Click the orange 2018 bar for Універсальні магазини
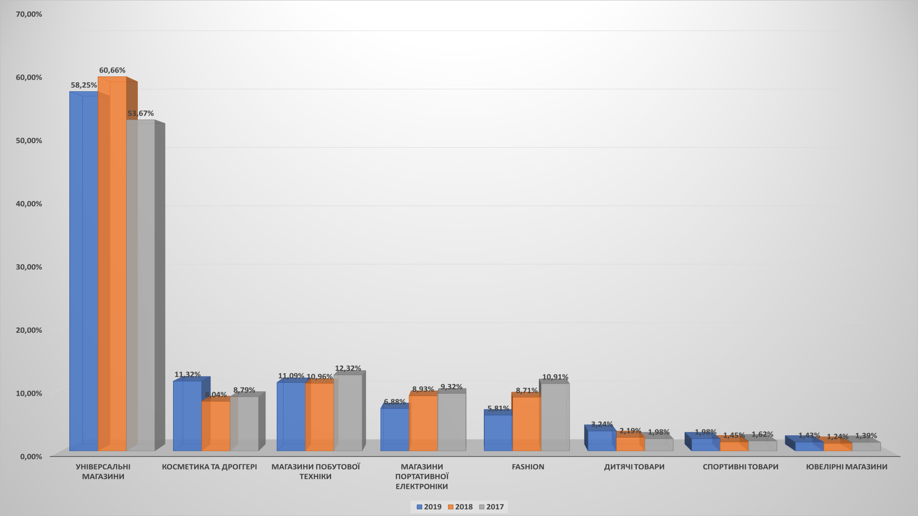click(112, 263)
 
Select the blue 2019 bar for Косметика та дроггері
click(187, 416)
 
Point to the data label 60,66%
click(112, 70)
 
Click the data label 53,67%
click(141, 113)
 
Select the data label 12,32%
click(348, 368)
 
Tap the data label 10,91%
click(555, 377)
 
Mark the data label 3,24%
click(601, 424)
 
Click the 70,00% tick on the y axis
click(29, 14)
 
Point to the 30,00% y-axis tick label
click(29, 267)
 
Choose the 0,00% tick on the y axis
click(31, 456)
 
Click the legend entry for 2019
click(429, 507)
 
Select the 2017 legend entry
click(491, 507)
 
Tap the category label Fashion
click(528, 467)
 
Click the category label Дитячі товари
click(634, 467)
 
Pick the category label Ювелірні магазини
click(846, 467)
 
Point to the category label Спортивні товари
click(740, 467)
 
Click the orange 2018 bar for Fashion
click(526, 423)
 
